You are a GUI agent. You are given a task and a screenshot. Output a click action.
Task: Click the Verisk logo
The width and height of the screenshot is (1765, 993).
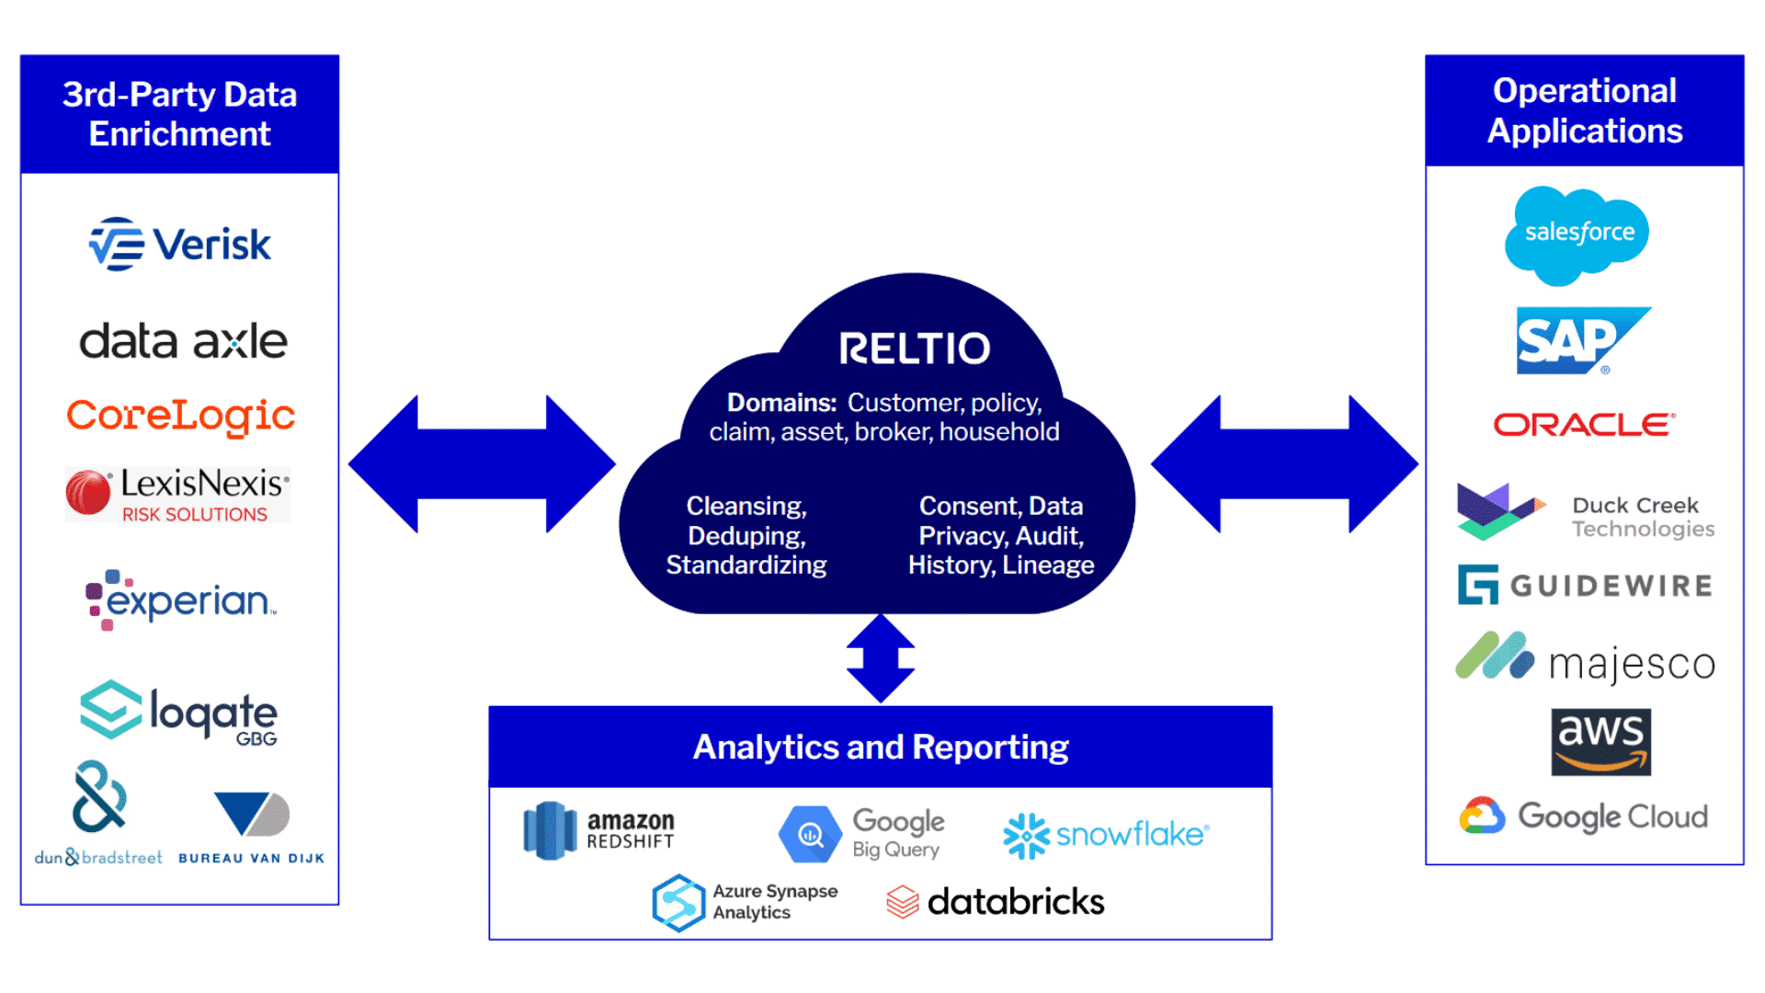(x=180, y=245)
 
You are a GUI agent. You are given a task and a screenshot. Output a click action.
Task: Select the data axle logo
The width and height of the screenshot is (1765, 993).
(x=183, y=341)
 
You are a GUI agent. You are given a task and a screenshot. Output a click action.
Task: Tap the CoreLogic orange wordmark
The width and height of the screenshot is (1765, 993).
(x=180, y=416)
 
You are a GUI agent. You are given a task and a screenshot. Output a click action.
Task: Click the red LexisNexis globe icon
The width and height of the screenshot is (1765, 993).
(x=88, y=493)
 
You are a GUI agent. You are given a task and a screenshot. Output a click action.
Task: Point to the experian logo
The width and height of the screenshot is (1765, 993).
(x=180, y=599)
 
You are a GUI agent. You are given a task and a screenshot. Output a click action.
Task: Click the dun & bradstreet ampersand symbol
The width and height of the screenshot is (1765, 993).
(x=99, y=796)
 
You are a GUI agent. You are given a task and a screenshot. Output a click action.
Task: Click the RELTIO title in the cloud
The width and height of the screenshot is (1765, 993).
(x=914, y=348)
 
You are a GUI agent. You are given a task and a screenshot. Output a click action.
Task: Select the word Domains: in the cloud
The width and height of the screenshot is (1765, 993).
(x=781, y=403)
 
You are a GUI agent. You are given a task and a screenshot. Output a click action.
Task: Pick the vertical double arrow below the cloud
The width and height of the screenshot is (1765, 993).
(x=880, y=658)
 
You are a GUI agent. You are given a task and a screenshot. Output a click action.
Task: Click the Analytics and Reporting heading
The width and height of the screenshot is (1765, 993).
(x=880, y=747)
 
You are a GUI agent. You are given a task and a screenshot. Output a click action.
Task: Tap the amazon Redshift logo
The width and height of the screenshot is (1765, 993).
(x=598, y=829)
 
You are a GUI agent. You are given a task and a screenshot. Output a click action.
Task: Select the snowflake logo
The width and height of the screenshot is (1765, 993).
(x=1106, y=835)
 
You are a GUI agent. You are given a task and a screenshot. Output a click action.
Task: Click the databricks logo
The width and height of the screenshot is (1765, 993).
(x=996, y=902)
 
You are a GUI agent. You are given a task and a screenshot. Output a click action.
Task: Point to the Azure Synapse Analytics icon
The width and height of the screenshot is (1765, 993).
(x=678, y=902)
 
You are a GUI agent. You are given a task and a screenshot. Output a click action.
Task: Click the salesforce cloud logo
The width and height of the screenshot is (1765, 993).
(x=1577, y=234)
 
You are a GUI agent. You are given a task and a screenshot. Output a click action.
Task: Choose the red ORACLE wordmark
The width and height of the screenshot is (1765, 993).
(x=1584, y=425)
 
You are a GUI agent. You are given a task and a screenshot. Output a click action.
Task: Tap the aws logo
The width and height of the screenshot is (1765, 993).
(x=1600, y=741)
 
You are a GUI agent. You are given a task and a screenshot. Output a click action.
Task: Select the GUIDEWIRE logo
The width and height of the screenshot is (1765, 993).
(x=1585, y=586)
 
